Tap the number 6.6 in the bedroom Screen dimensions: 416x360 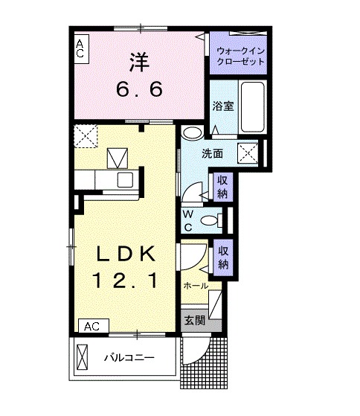click(x=138, y=90)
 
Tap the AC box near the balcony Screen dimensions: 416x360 click(x=93, y=326)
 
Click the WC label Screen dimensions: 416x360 click(x=189, y=220)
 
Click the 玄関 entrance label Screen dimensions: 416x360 click(x=195, y=321)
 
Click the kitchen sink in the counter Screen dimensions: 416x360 click(x=124, y=180)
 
